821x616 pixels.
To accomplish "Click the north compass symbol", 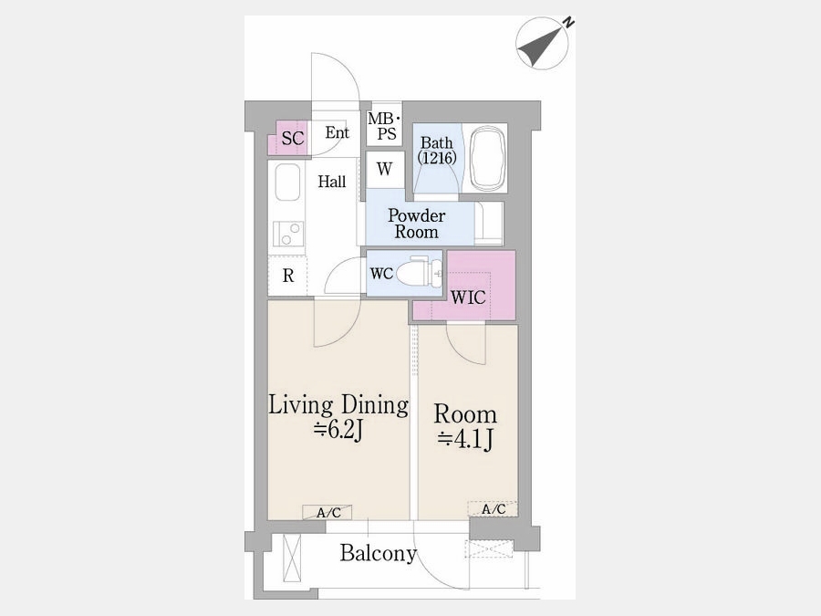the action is tap(543, 43).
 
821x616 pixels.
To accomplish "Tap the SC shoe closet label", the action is tap(292, 139).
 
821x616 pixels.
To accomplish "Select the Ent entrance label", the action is tap(337, 132).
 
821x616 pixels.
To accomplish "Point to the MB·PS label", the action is tap(384, 126).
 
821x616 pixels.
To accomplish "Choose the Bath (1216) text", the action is tap(437, 150).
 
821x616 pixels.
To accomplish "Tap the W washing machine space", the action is tap(385, 169).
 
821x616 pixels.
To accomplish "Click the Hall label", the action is tap(332, 182).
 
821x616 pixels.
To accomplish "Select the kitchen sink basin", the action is tap(287, 183).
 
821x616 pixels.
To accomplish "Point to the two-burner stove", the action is tap(287, 234).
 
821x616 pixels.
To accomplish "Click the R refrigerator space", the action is tap(288, 276).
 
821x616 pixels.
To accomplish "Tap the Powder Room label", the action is tap(416, 224).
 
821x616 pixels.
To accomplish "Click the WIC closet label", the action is tap(468, 298).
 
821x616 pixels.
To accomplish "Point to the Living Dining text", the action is tap(338, 405).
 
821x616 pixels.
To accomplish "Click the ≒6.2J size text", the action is tap(338, 431).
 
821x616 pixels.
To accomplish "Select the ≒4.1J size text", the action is tap(465, 439).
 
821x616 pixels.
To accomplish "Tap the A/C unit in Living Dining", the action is tap(327, 512).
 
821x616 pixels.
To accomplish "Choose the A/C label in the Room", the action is tap(493, 509).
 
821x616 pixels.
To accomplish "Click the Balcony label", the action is tap(378, 553).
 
